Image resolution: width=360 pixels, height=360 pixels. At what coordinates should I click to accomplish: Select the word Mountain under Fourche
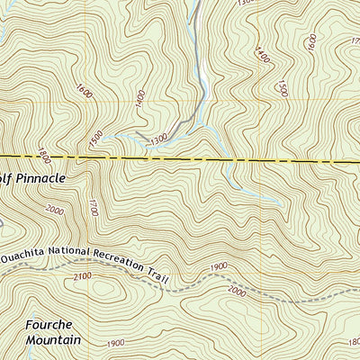(x=53, y=340)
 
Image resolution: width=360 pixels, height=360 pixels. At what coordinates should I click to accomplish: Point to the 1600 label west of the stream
(x=85, y=91)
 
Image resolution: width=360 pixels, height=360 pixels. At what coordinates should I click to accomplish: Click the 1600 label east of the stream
(x=311, y=42)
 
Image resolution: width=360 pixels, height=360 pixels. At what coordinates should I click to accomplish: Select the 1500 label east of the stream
(x=282, y=86)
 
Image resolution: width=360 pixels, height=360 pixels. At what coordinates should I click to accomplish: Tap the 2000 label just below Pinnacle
(x=54, y=210)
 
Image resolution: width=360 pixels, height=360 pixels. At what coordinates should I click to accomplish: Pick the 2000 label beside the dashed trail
(x=238, y=291)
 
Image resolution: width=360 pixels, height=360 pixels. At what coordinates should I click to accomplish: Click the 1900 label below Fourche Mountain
(x=115, y=344)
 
